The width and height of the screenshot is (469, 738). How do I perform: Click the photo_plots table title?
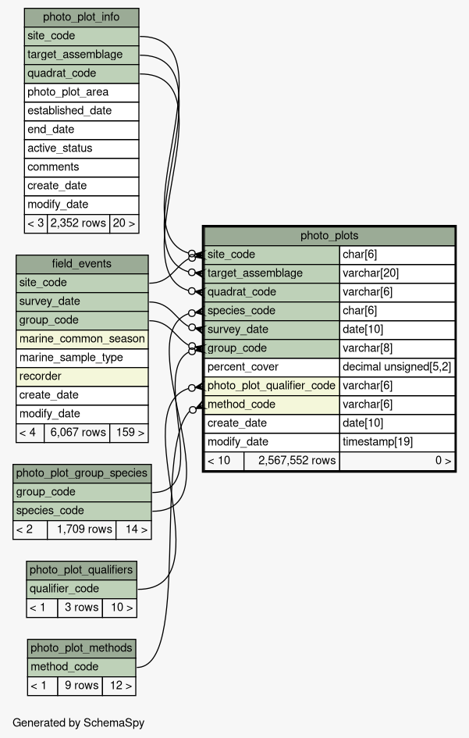point(329,236)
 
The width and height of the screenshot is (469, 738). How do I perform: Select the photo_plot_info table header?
point(81,17)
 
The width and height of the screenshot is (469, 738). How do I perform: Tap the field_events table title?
point(82,264)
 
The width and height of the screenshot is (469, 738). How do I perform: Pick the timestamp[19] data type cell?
point(397,442)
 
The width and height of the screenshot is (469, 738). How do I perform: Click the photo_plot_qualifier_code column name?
point(272,386)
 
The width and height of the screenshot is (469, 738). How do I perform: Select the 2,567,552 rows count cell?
point(292,461)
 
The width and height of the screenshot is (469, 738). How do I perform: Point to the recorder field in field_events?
point(82,376)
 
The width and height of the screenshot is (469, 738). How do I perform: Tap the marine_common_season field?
point(82,339)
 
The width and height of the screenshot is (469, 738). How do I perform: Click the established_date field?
point(81,111)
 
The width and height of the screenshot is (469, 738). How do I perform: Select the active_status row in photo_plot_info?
point(81,148)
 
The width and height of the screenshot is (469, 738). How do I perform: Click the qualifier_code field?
point(82,589)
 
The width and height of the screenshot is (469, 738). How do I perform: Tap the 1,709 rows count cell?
point(82,529)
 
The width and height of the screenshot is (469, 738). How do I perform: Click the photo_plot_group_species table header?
point(82,473)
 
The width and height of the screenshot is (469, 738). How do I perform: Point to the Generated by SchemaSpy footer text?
point(79,723)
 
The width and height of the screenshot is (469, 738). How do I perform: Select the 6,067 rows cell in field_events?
point(77,433)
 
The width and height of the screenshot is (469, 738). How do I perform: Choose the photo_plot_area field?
point(81,92)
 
